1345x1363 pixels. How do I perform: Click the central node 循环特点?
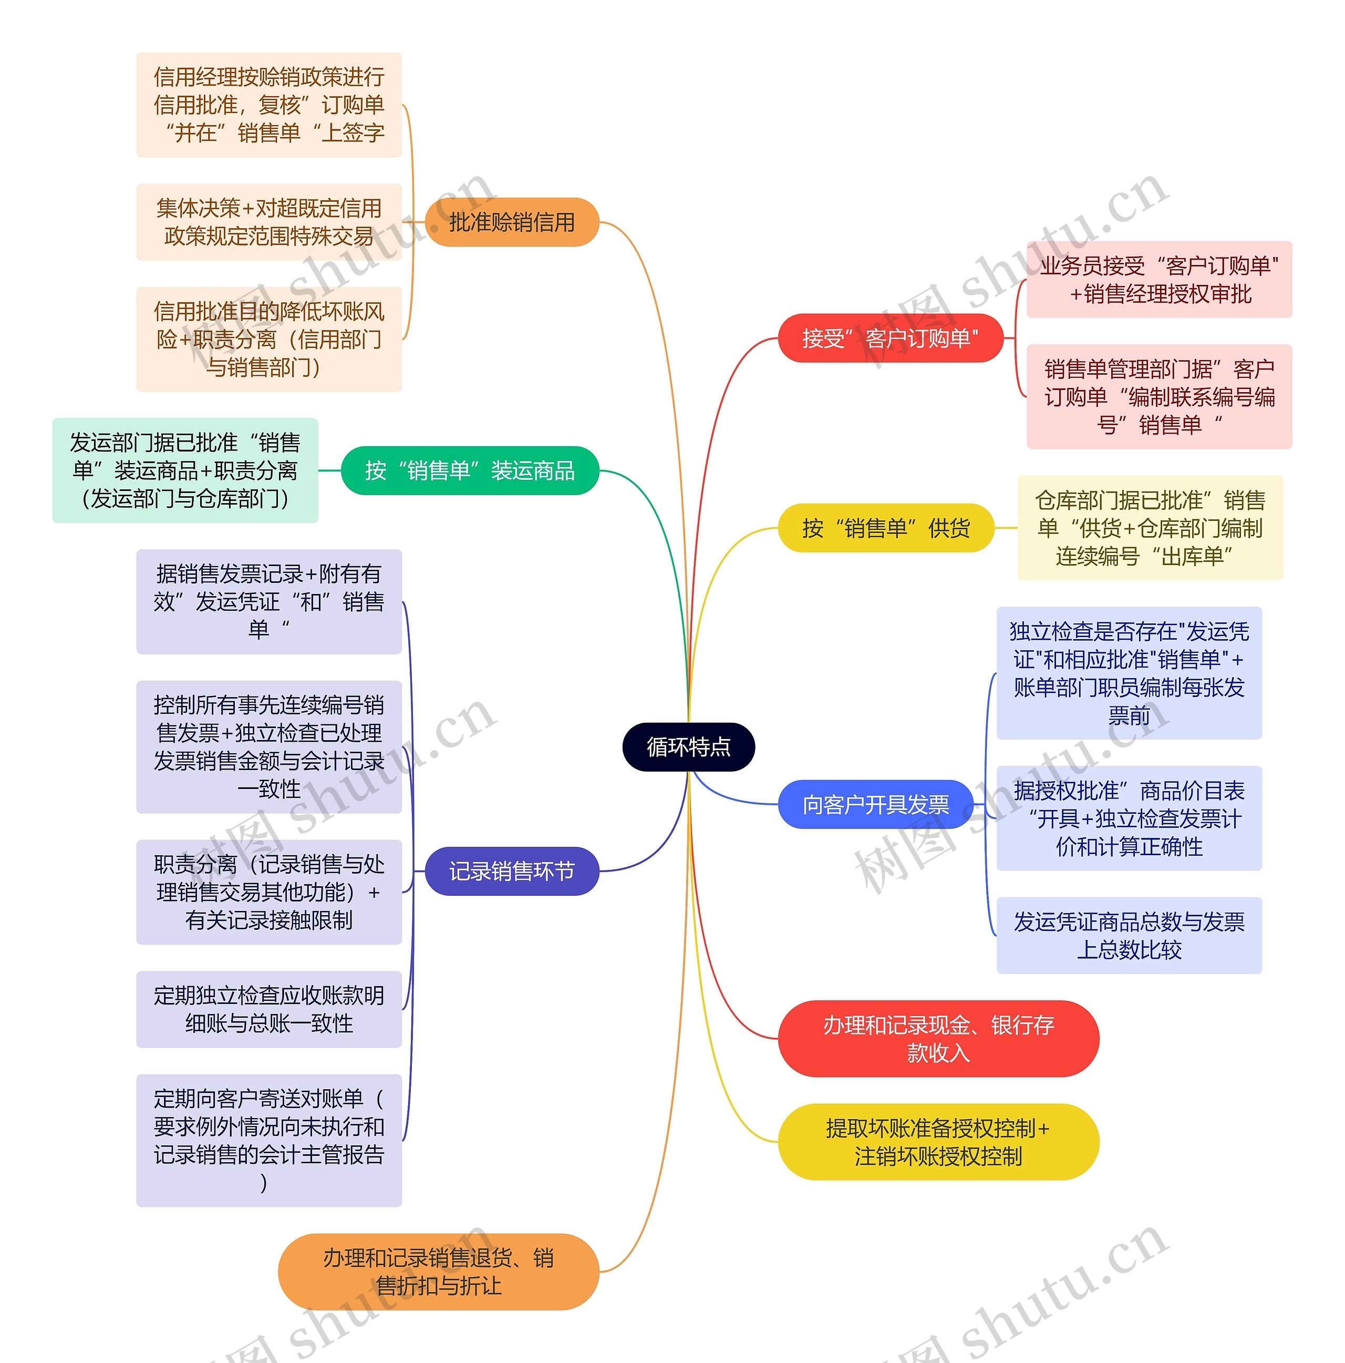click(x=688, y=746)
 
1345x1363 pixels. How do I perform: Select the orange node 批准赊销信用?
click(x=512, y=222)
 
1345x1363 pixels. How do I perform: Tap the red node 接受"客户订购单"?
click(x=890, y=339)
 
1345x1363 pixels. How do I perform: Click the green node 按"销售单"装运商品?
click(x=470, y=470)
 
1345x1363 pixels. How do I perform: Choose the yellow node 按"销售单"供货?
click(x=885, y=528)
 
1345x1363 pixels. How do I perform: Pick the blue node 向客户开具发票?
click(x=875, y=804)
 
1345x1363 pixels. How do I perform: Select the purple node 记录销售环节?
click(x=512, y=872)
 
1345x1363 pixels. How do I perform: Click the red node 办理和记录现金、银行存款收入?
click(x=938, y=1039)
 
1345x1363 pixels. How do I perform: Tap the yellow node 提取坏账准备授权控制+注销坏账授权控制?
click(x=938, y=1142)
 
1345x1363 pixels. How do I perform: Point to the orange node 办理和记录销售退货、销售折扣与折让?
click(x=438, y=1272)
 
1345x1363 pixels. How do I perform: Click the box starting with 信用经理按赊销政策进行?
click(x=268, y=105)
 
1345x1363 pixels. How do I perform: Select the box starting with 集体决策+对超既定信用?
click(x=268, y=222)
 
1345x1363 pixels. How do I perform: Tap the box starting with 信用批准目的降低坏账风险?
click(x=268, y=340)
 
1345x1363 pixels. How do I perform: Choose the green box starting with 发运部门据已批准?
click(x=185, y=470)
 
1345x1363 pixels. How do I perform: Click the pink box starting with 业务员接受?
click(x=1159, y=279)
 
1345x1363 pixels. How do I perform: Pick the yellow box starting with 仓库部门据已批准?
click(x=1150, y=528)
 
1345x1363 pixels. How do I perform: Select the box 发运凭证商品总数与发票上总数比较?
click(x=1129, y=936)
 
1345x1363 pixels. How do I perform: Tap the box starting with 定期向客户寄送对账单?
click(x=268, y=1140)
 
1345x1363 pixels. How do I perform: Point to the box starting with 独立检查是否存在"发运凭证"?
click(x=1129, y=673)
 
